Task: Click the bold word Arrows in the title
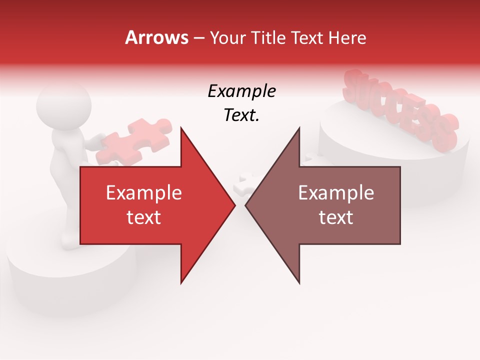(x=157, y=37)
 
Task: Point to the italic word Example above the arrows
(x=241, y=91)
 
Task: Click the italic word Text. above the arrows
(x=241, y=115)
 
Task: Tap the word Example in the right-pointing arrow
(x=144, y=192)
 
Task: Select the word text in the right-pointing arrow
(x=144, y=217)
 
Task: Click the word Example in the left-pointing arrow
(x=336, y=192)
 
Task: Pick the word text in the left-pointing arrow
(x=336, y=217)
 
